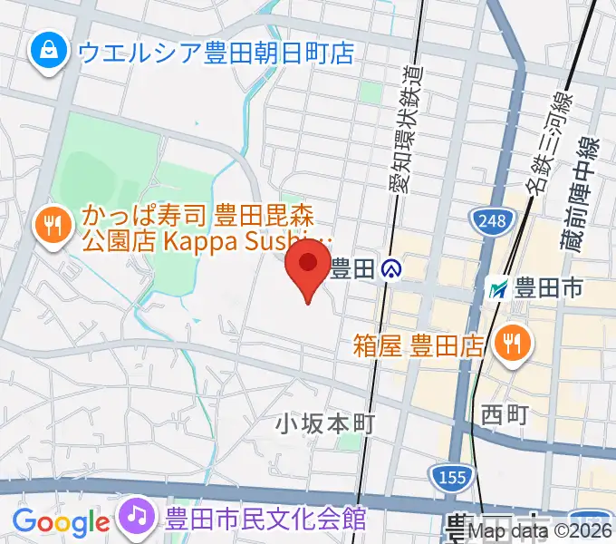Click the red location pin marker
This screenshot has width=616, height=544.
[x=307, y=265]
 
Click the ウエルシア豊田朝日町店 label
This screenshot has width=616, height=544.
[x=215, y=53]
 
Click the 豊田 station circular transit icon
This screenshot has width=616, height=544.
[x=391, y=268]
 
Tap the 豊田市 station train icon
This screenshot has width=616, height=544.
[x=496, y=289]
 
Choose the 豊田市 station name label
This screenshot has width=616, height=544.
[x=548, y=289]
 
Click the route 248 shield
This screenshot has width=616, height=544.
[x=492, y=219]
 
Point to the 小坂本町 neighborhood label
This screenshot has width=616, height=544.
[x=325, y=423]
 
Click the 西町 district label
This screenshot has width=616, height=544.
[x=504, y=414]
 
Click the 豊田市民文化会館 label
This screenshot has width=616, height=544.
[x=265, y=519]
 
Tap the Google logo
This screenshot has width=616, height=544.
[x=61, y=522]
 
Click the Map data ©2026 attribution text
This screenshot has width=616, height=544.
[x=541, y=533]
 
